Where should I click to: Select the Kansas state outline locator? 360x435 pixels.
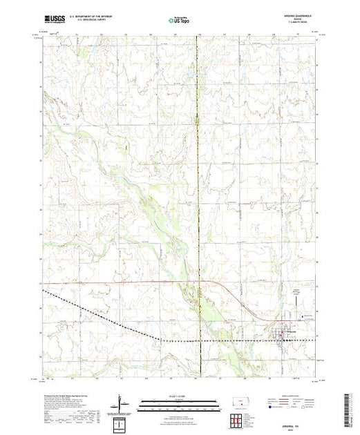[238, 403]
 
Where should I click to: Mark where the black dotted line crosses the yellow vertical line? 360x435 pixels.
[199, 340]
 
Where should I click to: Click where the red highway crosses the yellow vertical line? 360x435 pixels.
[199, 282]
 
